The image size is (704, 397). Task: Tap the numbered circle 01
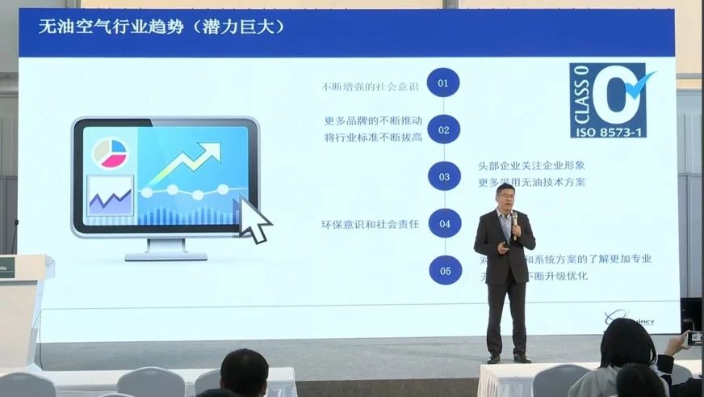443,82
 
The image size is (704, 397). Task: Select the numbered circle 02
443,129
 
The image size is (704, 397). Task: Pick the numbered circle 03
444,176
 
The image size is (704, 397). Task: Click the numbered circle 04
444,224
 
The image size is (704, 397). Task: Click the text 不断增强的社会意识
373,87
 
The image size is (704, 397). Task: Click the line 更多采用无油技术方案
531,183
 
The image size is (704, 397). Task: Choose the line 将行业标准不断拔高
373,137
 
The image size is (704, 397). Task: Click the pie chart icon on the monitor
111,153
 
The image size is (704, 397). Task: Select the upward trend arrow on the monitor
186,162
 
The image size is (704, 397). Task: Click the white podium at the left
22,307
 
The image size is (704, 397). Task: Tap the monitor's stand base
166,255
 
